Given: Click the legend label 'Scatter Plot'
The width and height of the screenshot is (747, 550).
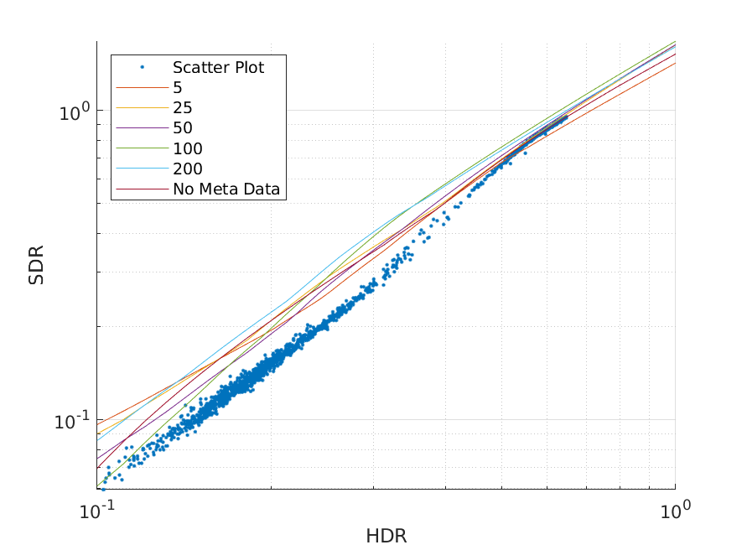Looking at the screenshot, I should [x=218, y=67].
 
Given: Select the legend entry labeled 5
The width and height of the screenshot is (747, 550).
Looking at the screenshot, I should [x=178, y=87].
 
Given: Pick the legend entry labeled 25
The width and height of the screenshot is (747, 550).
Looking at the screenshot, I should [x=183, y=108].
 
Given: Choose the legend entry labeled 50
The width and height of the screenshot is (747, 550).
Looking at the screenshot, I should [x=183, y=128].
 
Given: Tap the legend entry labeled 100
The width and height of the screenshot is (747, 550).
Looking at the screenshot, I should [x=188, y=149].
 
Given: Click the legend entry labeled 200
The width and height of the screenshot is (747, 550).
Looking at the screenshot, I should [x=188, y=169].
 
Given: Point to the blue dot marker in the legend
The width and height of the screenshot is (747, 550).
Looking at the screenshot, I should [x=142, y=67].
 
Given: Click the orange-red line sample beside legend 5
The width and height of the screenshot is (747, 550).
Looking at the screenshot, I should [x=142, y=87].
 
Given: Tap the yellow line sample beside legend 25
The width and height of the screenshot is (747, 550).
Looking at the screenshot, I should [x=142, y=108].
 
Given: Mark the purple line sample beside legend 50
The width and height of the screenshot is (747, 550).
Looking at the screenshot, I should [x=142, y=128].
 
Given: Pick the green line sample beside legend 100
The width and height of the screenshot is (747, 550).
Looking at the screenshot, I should [x=142, y=149].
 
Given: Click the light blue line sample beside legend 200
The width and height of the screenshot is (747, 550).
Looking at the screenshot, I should [x=142, y=169].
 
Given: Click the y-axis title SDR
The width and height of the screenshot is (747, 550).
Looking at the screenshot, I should [x=36, y=265].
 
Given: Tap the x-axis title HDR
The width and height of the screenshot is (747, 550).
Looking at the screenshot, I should [x=386, y=536].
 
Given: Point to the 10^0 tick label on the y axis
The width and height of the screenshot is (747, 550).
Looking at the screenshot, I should [x=74, y=111].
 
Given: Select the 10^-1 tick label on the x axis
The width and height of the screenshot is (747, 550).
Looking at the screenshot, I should [x=96, y=510].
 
